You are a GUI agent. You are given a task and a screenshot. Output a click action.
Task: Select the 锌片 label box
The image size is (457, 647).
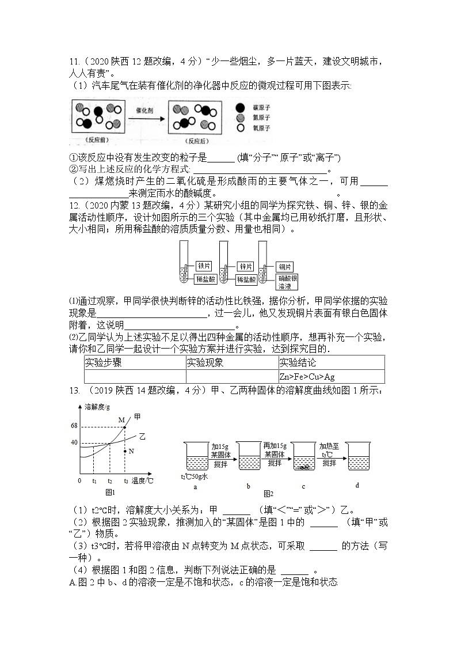246,266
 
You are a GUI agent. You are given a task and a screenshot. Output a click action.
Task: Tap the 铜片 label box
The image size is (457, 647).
285,266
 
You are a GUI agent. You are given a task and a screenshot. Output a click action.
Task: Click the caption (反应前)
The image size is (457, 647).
93,139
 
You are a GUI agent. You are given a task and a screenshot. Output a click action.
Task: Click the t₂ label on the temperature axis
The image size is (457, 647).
110,480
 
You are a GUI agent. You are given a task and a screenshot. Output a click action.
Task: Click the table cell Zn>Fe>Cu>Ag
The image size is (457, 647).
307,377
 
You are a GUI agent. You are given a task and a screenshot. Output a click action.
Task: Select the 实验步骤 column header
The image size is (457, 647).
104,363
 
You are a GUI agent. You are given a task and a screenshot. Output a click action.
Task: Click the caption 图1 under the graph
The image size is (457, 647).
110,492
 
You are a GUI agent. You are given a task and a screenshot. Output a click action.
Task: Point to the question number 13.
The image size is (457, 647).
74,391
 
